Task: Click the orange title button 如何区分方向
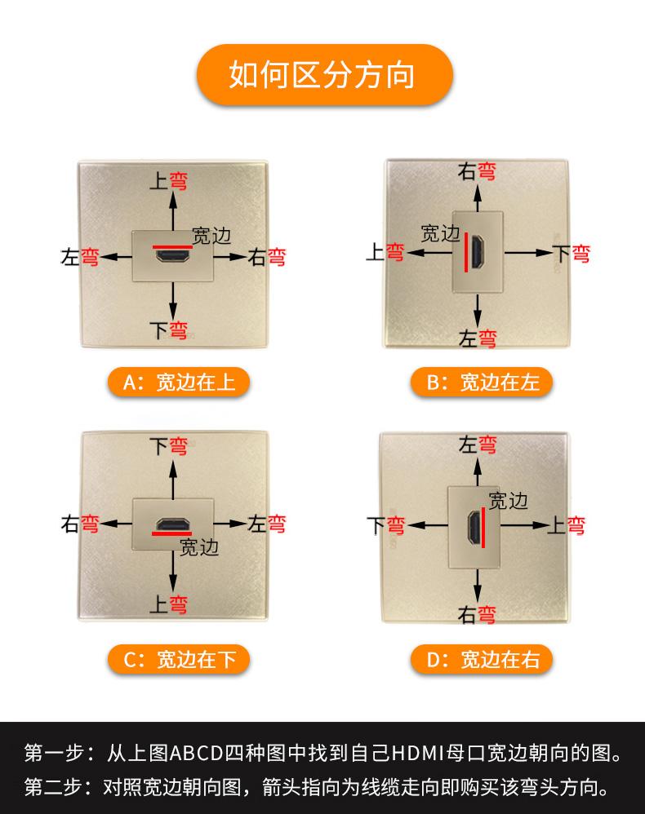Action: (324, 75)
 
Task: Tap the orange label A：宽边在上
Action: (179, 383)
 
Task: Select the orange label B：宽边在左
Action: (481, 383)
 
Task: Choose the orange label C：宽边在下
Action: (179, 660)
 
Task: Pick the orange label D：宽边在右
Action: (481, 660)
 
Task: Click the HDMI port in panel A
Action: (172, 255)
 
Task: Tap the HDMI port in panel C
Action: (172, 524)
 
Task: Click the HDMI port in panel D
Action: (474, 526)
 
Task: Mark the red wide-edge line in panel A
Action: (172, 247)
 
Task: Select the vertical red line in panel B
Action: (466, 252)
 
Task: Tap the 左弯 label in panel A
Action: (79, 257)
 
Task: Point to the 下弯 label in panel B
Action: (572, 254)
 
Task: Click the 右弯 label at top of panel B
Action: (477, 171)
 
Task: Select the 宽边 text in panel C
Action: (199, 547)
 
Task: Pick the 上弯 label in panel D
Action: (567, 525)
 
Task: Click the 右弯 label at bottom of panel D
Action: (477, 615)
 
